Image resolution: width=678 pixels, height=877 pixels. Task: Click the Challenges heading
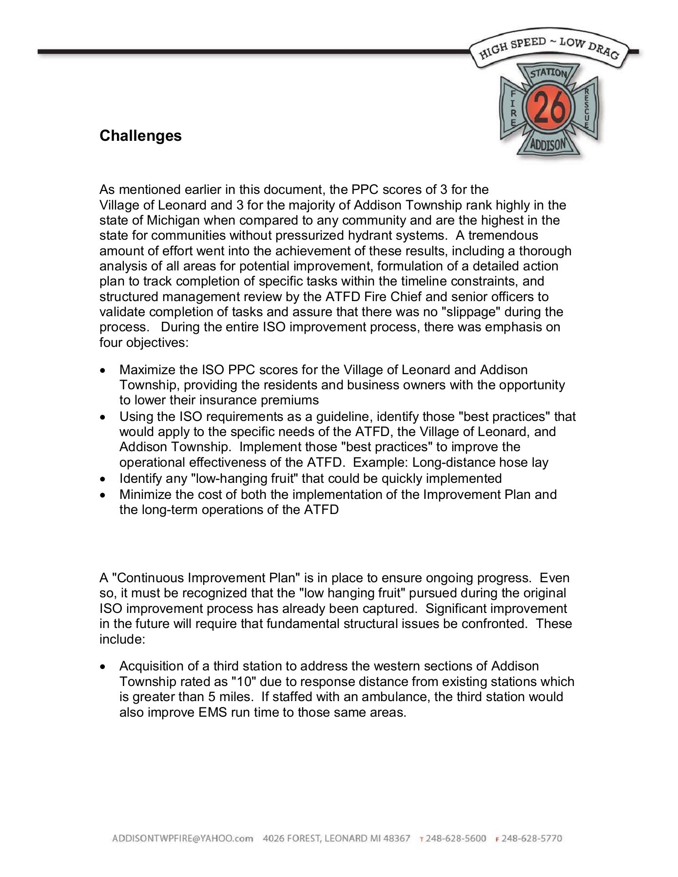pos(140,135)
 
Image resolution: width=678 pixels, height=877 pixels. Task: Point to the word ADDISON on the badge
pos(548,145)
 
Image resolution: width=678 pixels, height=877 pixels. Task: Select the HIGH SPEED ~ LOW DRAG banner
pos(549,50)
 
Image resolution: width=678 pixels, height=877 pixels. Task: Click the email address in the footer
pos(182,839)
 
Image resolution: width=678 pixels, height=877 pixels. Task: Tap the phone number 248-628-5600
pos(456,839)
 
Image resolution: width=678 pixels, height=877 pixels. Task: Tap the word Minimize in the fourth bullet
pos(145,495)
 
